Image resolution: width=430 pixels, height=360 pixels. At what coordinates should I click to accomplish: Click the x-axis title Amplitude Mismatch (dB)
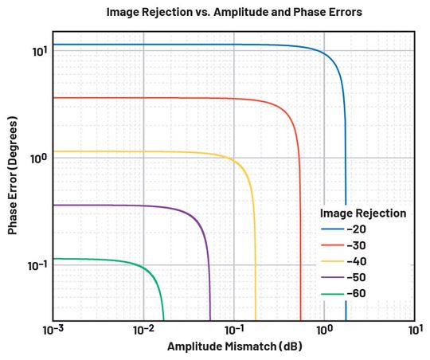click(x=234, y=346)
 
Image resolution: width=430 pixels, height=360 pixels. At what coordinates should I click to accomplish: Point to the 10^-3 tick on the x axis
click(x=53, y=328)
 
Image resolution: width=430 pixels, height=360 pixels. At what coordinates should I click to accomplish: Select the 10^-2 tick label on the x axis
click(x=143, y=328)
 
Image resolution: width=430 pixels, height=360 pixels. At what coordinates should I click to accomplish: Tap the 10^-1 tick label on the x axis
click(x=233, y=328)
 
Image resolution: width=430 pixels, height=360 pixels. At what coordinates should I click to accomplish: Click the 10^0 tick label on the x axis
click(x=324, y=328)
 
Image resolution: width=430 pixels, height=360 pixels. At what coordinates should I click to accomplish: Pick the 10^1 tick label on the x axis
click(x=414, y=328)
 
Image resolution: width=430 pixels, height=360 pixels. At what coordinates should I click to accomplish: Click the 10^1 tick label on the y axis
click(x=38, y=51)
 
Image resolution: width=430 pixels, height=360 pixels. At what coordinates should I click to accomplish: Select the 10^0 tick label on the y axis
click(x=38, y=158)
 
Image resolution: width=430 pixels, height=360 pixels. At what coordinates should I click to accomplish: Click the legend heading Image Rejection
click(x=363, y=213)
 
